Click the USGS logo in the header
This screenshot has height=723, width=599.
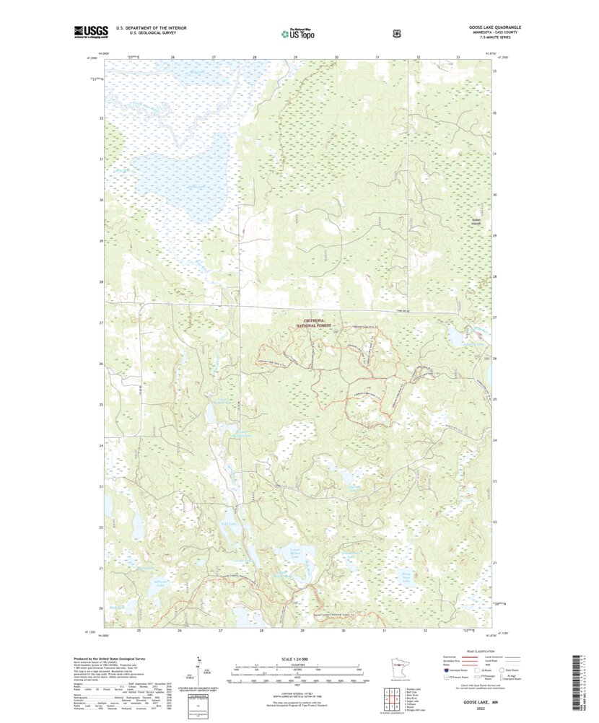tap(90, 31)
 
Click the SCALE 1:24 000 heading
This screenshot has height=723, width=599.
tap(297, 660)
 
